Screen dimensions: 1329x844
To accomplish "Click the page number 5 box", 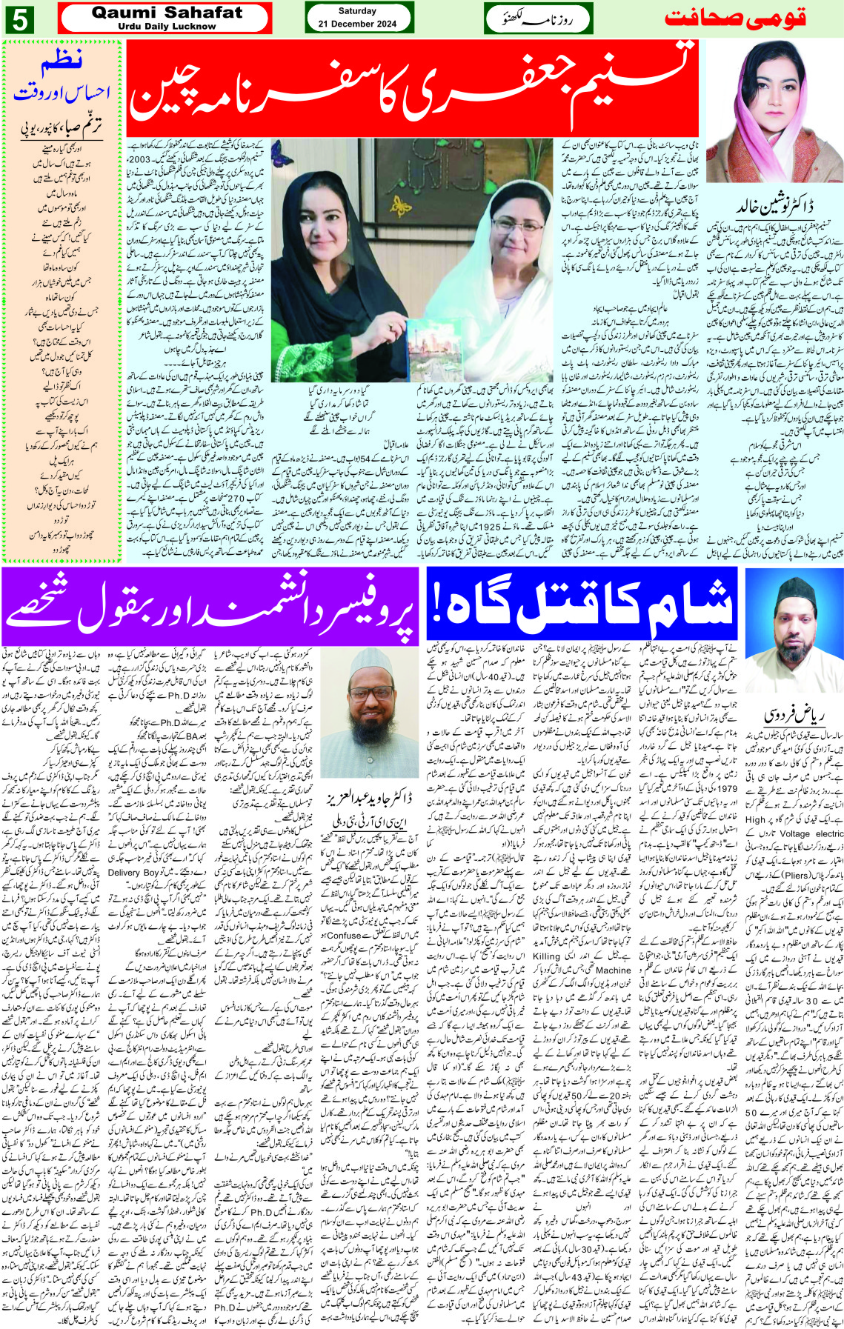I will tap(19, 19).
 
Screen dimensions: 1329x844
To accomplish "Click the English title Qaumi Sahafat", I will tap(167, 13).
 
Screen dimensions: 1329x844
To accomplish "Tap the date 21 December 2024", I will tap(357, 24).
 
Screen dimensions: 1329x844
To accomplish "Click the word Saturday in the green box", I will tap(357, 11).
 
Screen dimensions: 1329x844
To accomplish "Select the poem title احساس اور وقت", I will tap(62, 93).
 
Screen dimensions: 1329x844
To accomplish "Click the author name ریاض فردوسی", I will tap(794, 715).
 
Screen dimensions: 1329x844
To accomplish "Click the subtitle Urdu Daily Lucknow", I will tap(167, 27).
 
